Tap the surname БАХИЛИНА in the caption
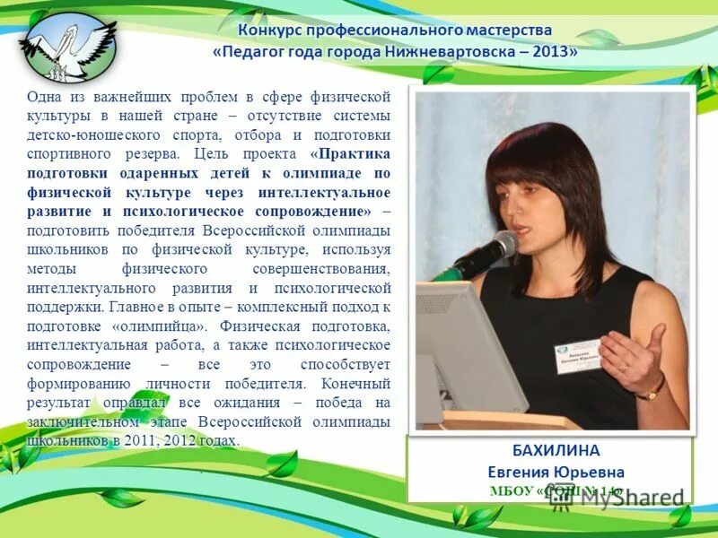pyautogui.click(x=549, y=450)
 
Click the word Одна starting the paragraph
pyautogui.click(x=44, y=96)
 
